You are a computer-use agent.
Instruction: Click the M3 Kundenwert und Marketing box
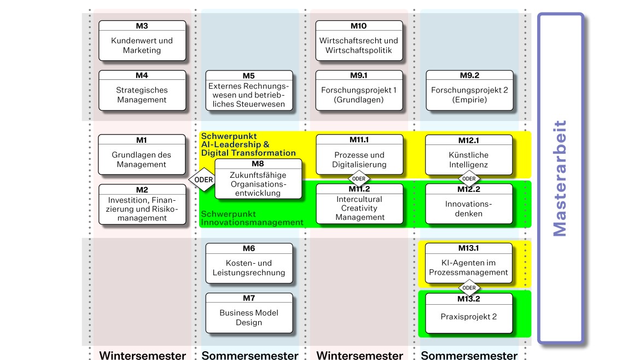pyautogui.click(x=142, y=40)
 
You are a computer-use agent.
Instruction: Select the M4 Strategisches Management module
pyautogui.click(x=142, y=90)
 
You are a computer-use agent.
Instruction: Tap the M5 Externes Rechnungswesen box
pyautogui.click(x=249, y=90)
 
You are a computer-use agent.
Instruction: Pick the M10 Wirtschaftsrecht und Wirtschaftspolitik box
pyautogui.click(x=359, y=40)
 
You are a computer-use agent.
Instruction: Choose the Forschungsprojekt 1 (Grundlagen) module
pyautogui.click(x=359, y=90)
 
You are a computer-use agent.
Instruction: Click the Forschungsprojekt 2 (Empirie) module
pyautogui.click(x=469, y=90)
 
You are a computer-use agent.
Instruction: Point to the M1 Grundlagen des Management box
pyautogui.click(x=142, y=155)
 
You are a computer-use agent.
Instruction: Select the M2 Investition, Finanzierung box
pyautogui.click(x=142, y=205)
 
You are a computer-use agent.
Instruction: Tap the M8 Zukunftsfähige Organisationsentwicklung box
pyautogui.click(x=258, y=179)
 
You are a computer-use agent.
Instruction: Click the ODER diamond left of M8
pyautogui.click(x=201, y=179)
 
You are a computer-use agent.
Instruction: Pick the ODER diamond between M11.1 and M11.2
pyautogui.click(x=359, y=178)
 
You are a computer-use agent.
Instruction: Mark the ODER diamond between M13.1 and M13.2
pyautogui.click(x=469, y=287)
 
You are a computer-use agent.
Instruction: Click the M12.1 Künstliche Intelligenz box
pyautogui.click(x=469, y=155)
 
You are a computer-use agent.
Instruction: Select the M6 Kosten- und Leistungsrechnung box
pyautogui.click(x=249, y=264)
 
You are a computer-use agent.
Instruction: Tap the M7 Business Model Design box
pyautogui.click(x=249, y=313)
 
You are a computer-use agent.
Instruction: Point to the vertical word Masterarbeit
pyautogui.click(x=560, y=178)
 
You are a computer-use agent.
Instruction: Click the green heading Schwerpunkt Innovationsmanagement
pyautogui.click(x=252, y=218)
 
